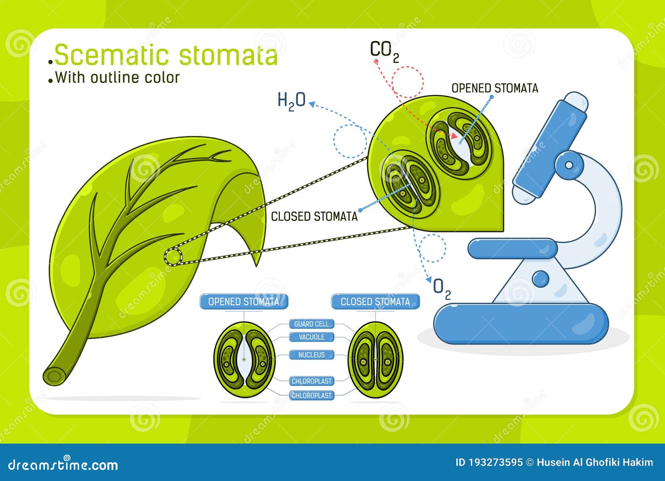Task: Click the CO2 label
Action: point(384,52)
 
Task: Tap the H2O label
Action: point(291,101)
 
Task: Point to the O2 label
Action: point(442,289)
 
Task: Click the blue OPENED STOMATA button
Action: point(244,302)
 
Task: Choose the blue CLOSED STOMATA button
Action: point(375,302)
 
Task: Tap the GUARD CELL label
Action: point(311,324)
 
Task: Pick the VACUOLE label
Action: point(311,337)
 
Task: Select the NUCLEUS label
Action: point(311,355)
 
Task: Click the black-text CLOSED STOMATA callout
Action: point(314,217)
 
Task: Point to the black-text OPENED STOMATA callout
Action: point(495,88)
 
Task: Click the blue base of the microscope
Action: point(522,323)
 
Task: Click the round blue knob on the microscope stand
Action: point(541,279)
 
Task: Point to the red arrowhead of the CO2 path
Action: point(454,136)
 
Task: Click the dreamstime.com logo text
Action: point(63,465)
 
